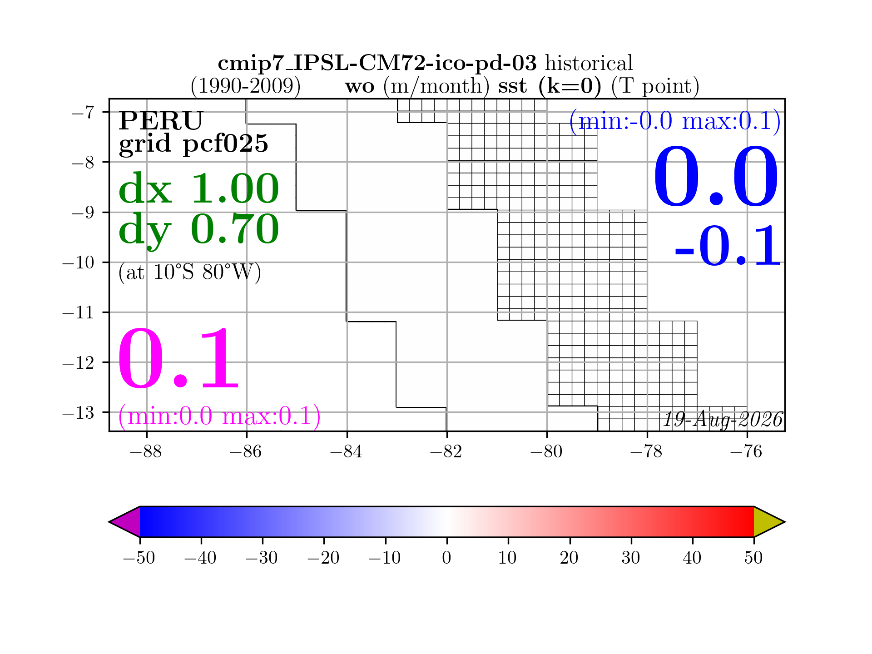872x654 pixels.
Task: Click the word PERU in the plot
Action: [161, 120]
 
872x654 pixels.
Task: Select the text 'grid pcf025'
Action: [193, 144]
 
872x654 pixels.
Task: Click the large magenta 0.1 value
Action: [178, 359]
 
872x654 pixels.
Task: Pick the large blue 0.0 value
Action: [716, 177]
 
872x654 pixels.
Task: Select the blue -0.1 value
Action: [728, 246]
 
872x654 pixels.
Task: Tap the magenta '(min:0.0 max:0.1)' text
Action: [219, 416]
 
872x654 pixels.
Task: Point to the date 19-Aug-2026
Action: [723, 420]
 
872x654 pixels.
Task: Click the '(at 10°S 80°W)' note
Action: [190, 272]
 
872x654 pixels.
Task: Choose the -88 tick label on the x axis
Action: [146, 452]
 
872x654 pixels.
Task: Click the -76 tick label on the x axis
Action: [747, 452]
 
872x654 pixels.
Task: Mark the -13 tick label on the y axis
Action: [78, 412]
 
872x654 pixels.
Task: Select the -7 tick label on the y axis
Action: [83, 112]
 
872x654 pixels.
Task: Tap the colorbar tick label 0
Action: [447, 557]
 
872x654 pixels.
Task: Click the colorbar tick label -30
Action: [262, 557]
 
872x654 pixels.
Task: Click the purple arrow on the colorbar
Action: [125, 522]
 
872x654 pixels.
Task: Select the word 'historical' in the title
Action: [589, 63]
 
